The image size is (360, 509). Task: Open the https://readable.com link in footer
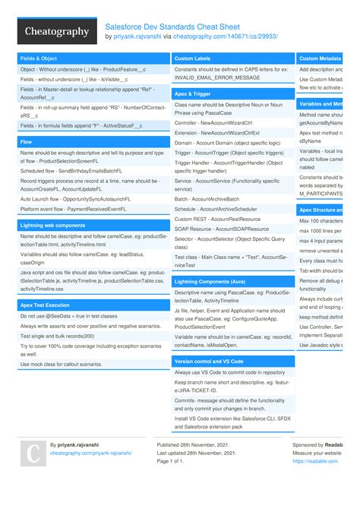(309, 461)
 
